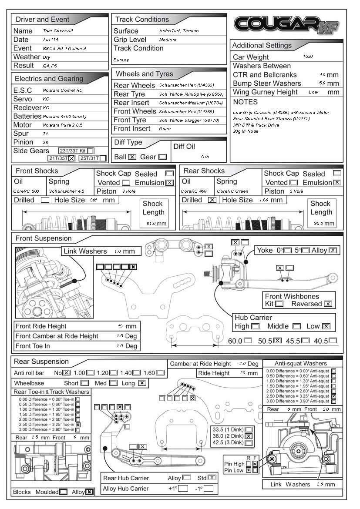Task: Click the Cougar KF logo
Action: click(x=286, y=25)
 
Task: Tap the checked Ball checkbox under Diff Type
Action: click(x=132, y=157)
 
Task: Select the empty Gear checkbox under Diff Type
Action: click(x=162, y=157)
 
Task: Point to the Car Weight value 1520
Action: click(x=307, y=57)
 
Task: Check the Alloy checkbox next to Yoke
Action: click(x=333, y=250)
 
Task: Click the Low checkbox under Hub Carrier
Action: click(x=326, y=326)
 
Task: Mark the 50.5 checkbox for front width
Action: click(x=277, y=341)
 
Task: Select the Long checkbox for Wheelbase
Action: click(x=142, y=383)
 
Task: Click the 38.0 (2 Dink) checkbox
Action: click(x=249, y=436)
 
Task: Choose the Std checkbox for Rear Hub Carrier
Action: click(x=212, y=478)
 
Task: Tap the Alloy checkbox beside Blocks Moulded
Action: click(x=89, y=492)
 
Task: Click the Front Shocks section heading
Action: click(x=37, y=171)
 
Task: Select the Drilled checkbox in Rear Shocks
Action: click(x=212, y=200)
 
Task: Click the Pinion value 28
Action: click(x=46, y=142)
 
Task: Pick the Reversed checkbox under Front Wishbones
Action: click(x=328, y=304)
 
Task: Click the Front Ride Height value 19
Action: click(x=120, y=326)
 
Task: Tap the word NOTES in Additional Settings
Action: click(x=245, y=102)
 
